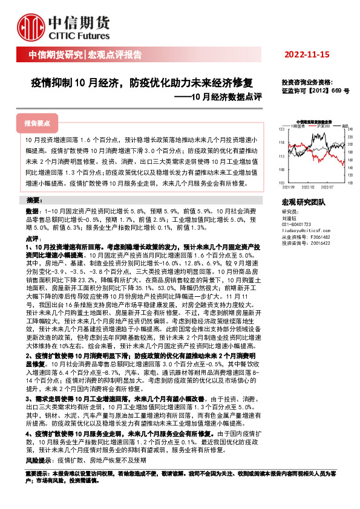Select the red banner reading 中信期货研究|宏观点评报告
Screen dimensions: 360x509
tap(85, 56)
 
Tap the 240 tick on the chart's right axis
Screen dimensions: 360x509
tap(350, 129)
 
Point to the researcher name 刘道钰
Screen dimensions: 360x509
tap(289, 219)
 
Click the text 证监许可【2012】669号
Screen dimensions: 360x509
tap(315, 89)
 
